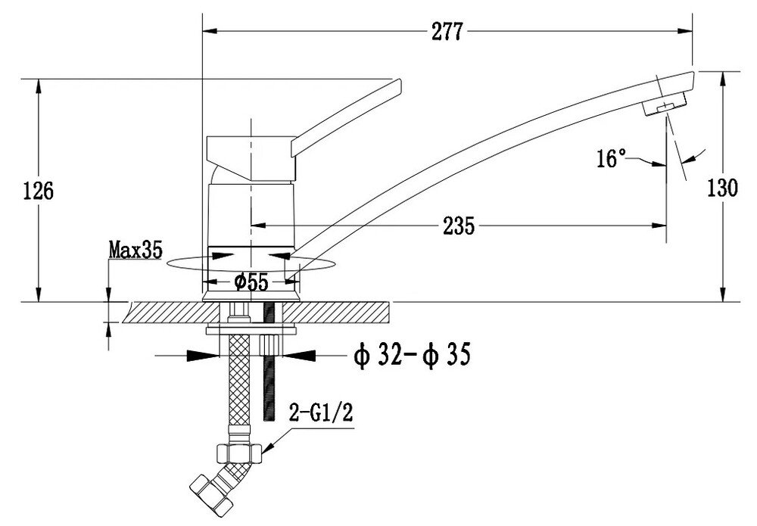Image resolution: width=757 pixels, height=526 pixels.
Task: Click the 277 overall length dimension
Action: coord(447,31)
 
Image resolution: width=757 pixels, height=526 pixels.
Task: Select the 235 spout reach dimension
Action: coord(459,225)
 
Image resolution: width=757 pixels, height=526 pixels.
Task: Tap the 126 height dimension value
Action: coord(37,191)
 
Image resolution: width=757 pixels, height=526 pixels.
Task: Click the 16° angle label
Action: coord(612,159)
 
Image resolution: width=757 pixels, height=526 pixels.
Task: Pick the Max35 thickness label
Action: coord(136,250)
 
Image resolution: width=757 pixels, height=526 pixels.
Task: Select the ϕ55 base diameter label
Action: coord(251,282)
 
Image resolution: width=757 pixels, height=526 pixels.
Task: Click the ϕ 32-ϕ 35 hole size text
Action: coord(412,353)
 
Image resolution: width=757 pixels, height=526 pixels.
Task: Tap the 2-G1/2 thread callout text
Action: coord(322,413)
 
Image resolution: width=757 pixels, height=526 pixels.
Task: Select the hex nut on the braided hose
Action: coord(239,452)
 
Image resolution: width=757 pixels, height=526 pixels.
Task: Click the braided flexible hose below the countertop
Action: coord(238,386)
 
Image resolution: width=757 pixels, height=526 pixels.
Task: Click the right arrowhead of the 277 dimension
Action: coord(687,31)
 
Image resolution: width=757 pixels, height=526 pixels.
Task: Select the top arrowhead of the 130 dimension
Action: coord(723,76)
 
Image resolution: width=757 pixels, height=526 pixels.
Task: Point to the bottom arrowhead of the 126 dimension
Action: coord(38,296)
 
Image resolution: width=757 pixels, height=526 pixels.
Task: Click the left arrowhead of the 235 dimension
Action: coord(257,225)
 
